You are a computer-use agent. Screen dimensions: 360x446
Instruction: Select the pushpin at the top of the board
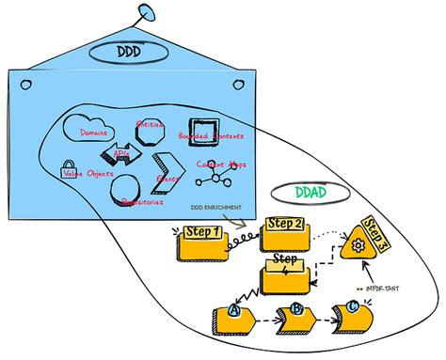(x=146, y=12)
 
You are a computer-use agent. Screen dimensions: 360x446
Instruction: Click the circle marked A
(x=233, y=312)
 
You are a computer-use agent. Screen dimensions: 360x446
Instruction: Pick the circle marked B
(x=295, y=308)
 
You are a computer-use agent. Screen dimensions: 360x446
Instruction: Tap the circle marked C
(x=353, y=306)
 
